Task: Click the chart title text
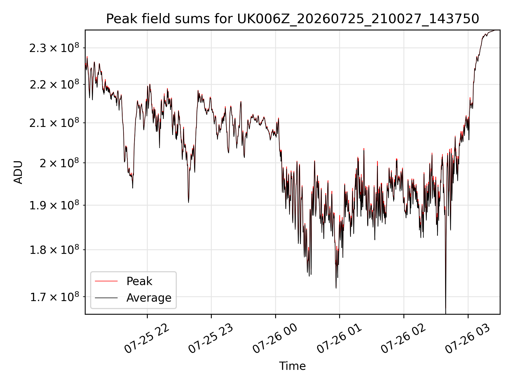click(293, 19)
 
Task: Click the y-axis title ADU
click(18, 172)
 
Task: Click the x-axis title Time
click(292, 366)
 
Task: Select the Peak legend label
click(139, 281)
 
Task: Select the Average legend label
click(149, 298)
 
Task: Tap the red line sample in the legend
click(106, 281)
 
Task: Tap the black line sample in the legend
click(106, 298)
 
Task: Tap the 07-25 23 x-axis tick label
click(211, 338)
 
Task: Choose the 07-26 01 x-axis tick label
click(339, 338)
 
